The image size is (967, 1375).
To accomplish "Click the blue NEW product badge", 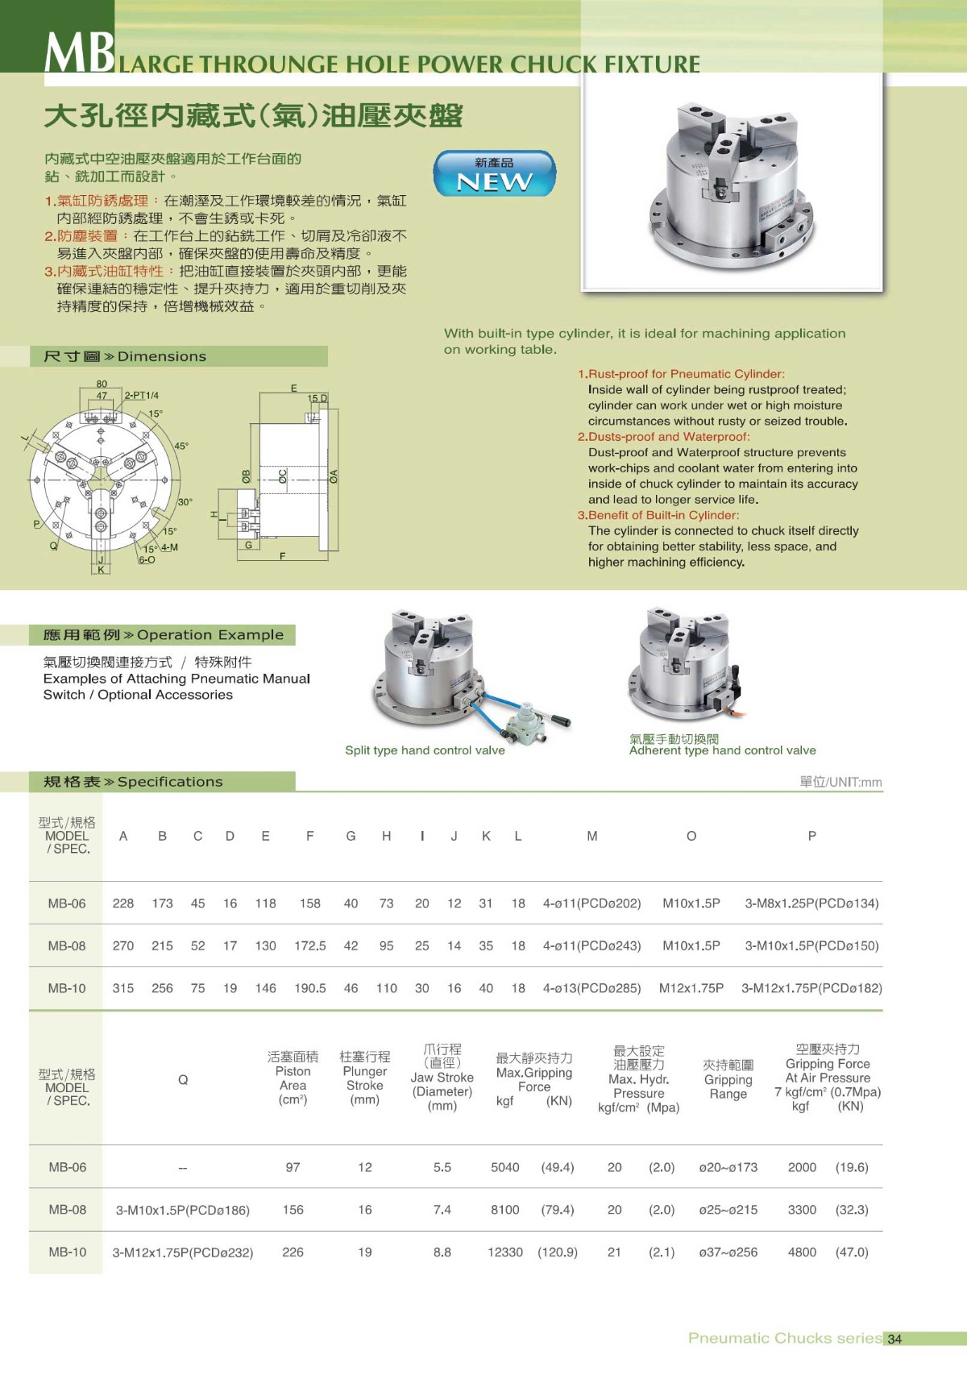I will click(494, 173).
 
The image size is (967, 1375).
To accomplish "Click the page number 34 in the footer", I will click(894, 1339).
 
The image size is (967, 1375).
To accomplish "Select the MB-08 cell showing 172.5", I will click(309, 945).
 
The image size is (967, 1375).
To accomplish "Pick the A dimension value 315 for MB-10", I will click(123, 988).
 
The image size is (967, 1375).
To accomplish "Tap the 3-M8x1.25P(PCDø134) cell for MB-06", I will click(811, 904).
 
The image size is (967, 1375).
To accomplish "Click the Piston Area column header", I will click(293, 1078).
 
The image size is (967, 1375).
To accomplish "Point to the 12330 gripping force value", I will click(505, 1252).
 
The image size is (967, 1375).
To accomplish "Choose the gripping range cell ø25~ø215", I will click(728, 1210).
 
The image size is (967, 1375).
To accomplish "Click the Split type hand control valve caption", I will click(425, 750).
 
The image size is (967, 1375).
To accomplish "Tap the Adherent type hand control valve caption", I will click(722, 750).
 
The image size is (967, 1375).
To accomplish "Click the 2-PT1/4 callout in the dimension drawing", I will click(142, 396).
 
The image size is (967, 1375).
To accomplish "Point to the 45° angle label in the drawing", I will click(181, 446).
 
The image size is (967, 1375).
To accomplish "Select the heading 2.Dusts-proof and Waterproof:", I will click(663, 437).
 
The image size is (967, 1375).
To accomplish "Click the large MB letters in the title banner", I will click(79, 53).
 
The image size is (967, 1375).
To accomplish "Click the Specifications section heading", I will click(132, 782).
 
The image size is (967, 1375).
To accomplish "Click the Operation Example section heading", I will click(164, 635).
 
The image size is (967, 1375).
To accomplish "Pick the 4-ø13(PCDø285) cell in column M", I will click(591, 988).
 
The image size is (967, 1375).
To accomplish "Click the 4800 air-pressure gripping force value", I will click(802, 1252).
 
